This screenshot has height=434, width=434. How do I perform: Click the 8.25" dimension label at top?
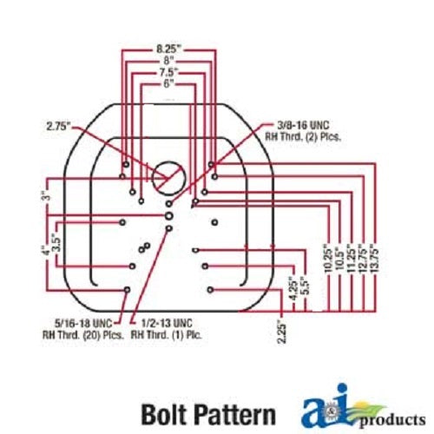pos(168,49)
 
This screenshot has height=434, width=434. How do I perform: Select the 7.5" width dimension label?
pos(168,72)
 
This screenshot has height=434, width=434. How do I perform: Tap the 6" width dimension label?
pos(168,84)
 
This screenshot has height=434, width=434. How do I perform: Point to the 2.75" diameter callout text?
pos(58,127)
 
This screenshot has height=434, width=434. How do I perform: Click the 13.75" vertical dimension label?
pos(374,258)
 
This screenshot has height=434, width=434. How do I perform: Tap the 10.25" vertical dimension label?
pos(328,259)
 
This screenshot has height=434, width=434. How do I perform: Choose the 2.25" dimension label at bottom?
pos(282,332)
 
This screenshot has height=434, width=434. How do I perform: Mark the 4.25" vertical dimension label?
pos(293,289)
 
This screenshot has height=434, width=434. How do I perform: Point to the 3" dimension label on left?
pos(48,195)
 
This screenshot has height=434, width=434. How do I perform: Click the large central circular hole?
pos(169,178)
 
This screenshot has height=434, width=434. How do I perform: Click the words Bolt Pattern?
pos(208,414)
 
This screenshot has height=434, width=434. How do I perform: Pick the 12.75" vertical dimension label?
pos(363,258)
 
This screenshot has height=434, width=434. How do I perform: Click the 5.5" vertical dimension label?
pos(306,286)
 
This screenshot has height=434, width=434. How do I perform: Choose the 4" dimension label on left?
pos(44,251)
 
